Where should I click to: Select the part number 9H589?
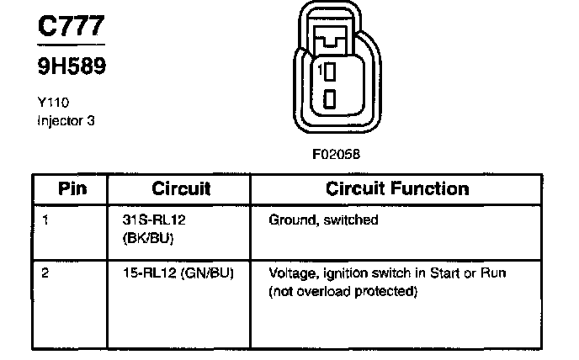(72, 66)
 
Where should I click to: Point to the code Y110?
(53, 103)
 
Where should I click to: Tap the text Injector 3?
(66, 120)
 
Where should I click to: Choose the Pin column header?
(72, 188)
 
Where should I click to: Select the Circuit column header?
(181, 188)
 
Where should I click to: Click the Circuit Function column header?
(397, 188)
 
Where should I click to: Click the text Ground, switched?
(323, 220)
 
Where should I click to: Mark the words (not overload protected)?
(343, 292)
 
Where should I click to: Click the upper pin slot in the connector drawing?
(331, 71)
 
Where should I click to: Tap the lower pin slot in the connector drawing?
(331, 98)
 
